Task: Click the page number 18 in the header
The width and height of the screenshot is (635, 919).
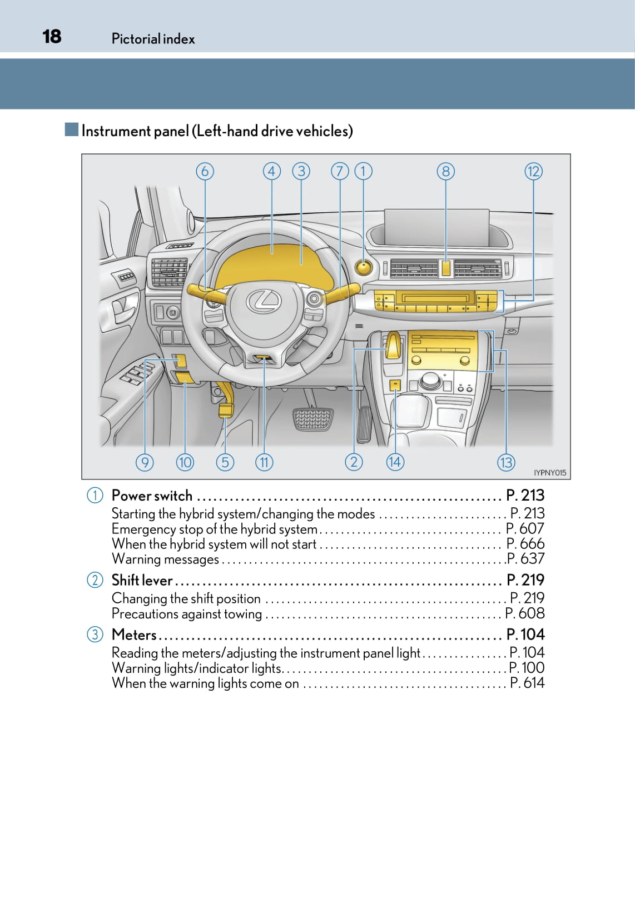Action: [x=52, y=37]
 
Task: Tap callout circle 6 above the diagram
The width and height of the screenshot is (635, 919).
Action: [x=205, y=171]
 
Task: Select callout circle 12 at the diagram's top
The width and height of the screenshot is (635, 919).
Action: [x=533, y=171]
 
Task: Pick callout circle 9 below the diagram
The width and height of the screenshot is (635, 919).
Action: [x=145, y=462]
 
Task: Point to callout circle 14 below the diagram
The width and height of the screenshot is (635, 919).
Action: [x=395, y=462]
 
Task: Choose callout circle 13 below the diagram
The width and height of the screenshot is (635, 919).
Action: [x=506, y=462]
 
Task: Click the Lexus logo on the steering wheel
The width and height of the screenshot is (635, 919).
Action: [x=264, y=302]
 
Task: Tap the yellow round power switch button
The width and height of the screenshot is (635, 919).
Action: [x=363, y=268]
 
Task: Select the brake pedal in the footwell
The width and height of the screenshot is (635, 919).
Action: [x=313, y=418]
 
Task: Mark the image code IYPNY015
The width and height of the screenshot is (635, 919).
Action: [x=549, y=473]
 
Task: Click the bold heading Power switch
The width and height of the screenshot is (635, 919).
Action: [x=152, y=495]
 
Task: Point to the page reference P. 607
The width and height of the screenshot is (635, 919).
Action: [x=525, y=528]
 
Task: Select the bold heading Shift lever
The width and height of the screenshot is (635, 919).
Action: [x=142, y=580]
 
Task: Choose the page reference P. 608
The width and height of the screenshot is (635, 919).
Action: [x=525, y=613]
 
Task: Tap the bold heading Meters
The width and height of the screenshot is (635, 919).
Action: [x=134, y=635]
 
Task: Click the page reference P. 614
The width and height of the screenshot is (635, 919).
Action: [x=527, y=683]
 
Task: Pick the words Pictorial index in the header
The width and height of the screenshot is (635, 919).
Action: [x=153, y=39]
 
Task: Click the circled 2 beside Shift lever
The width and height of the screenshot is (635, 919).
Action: [x=95, y=580]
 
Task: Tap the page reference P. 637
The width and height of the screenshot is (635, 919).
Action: [x=525, y=558]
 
